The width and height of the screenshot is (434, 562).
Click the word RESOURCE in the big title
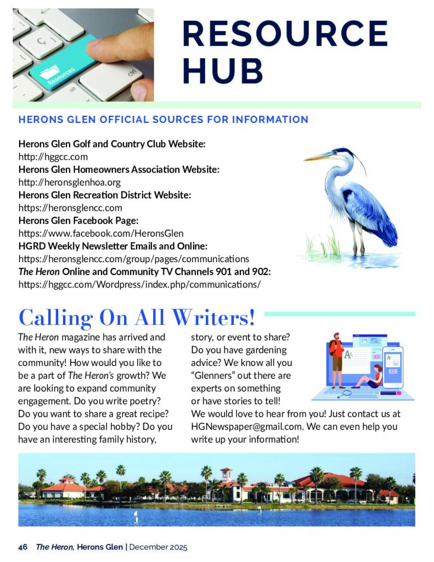click(285, 33)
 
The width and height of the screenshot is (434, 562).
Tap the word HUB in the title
click(222, 71)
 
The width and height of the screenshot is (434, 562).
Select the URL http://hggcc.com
click(53, 157)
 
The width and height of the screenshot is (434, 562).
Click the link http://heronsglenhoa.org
click(70, 182)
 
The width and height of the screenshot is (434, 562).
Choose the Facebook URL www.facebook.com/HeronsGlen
click(101, 233)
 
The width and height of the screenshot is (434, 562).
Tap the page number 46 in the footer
click(23, 547)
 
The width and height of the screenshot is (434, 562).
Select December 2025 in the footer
click(159, 547)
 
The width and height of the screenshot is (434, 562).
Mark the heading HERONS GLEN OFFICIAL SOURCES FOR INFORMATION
click(163, 119)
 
